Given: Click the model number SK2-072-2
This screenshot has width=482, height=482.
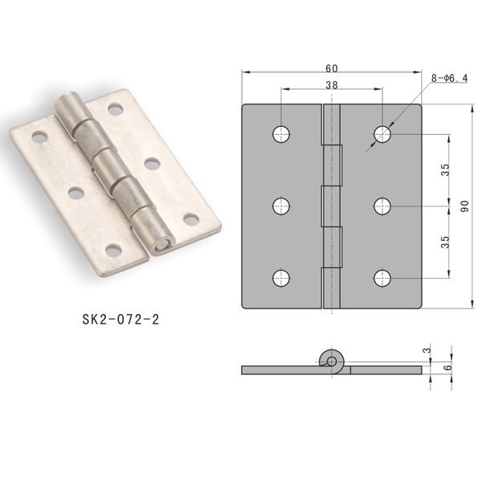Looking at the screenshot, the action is [120, 320].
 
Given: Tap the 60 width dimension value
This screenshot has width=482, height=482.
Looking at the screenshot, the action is [332, 68].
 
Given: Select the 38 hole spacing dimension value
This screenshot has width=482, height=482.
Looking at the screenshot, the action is [332, 85].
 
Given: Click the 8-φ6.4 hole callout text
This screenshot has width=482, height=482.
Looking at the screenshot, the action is [449, 79].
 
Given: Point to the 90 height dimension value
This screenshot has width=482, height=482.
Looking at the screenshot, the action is [465, 206].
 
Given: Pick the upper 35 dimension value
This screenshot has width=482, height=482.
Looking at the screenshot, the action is [445, 170].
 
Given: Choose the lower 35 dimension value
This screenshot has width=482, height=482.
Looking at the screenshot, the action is [445, 242].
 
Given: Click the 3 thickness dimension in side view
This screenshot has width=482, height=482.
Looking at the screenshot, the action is [427, 350].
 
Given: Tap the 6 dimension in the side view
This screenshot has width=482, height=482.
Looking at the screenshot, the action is [448, 367].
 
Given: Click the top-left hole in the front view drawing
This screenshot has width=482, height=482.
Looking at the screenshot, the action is [281, 134].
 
